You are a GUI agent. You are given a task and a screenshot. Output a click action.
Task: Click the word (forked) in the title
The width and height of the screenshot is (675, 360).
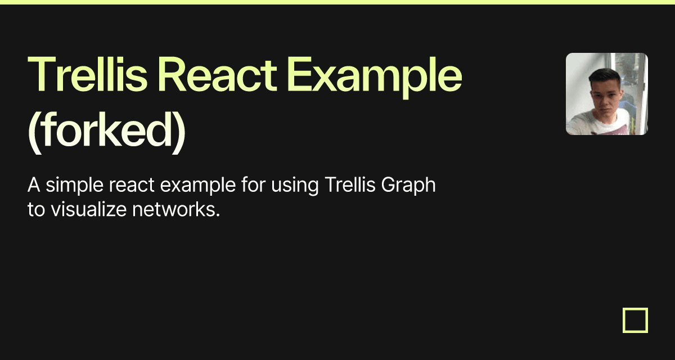point(107,134)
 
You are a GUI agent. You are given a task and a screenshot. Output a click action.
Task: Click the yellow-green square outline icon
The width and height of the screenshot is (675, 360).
point(635,320)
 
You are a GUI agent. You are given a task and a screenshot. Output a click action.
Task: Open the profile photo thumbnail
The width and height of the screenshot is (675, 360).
point(606,94)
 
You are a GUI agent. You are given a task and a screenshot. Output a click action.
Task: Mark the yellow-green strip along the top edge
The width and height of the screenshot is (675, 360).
point(337,2)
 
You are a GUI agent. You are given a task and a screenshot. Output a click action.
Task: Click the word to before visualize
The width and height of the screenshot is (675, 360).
point(35,210)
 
